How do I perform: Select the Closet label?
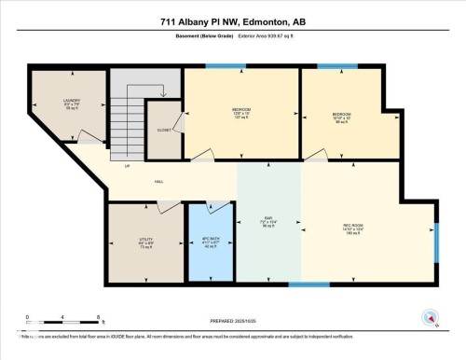(x=163, y=130)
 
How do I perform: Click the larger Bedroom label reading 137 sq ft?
(x=241, y=113)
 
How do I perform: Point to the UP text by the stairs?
(x=127, y=166)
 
